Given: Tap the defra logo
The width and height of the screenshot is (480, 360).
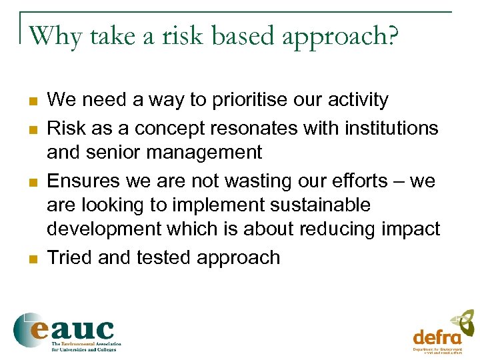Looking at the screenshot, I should tap(443, 331).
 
